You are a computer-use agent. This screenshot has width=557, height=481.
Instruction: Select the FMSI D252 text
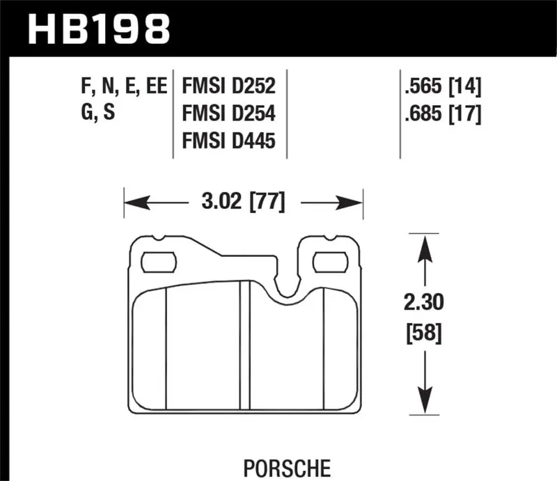pos(228,87)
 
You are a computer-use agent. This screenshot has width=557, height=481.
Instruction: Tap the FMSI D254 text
pos(228,113)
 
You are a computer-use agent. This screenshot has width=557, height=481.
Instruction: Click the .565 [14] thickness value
pos(442,87)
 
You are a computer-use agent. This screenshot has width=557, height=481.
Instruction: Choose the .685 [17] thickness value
pos(442,113)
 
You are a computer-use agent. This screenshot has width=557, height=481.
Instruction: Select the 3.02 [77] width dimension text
pos(243,203)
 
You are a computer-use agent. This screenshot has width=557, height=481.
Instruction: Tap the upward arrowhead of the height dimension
pos(421,244)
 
